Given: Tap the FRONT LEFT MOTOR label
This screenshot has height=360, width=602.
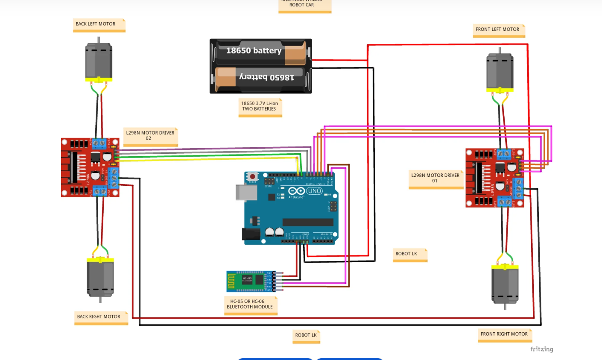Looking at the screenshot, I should (x=498, y=30).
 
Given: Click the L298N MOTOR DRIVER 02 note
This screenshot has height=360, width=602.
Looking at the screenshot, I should (x=150, y=136).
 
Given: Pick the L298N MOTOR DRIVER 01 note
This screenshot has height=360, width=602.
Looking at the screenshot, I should (x=435, y=179).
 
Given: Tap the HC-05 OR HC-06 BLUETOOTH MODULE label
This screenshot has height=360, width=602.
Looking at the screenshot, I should (x=250, y=304).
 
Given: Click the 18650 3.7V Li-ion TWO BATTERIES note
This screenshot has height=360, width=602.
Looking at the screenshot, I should (x=260, y=106).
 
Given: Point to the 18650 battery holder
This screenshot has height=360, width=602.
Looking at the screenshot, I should (x=260, y=66).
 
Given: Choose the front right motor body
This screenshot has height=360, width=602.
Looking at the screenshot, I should (x=505, y=284).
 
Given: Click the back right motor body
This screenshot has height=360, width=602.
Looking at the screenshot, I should (x=100, y=278).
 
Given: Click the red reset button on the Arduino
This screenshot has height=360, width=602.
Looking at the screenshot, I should (x=252, y=176).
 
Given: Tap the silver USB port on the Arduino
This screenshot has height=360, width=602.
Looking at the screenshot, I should (x=246, y=192).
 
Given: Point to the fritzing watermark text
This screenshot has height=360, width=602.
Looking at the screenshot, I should (x=541, y=349).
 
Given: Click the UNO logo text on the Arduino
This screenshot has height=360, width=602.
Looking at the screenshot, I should (x=314, y=191).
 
